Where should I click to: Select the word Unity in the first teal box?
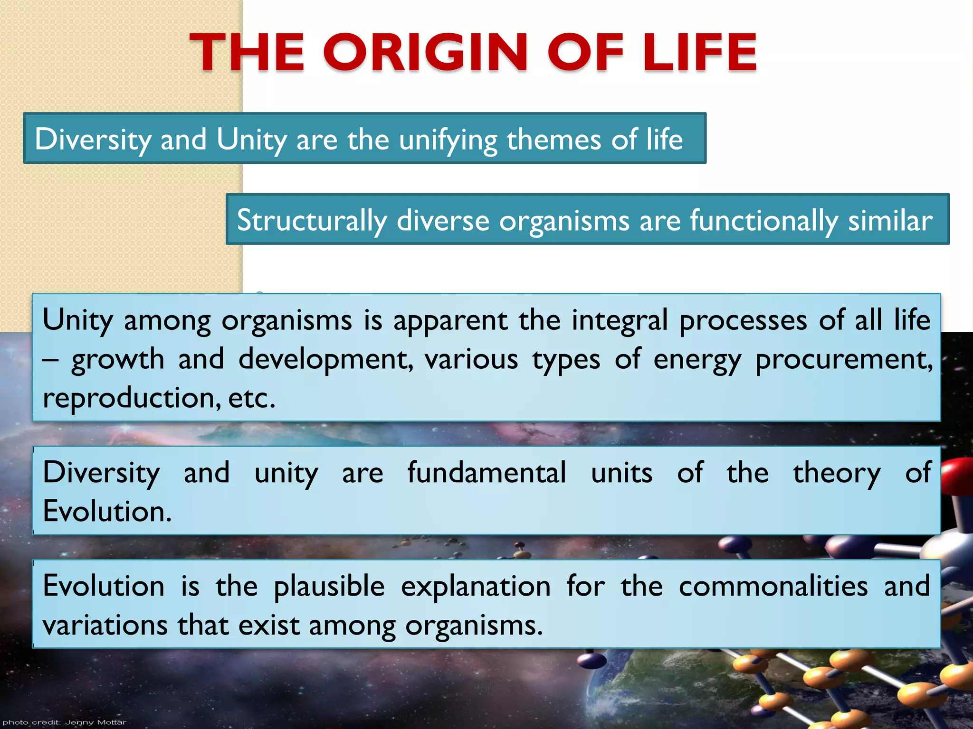tap(251, 140)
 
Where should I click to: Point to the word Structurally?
tap(312, 221)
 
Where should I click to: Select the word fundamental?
tap(486, 473)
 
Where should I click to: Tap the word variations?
tap(105, 625)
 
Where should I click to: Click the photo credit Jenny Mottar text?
tap(65, 722)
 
